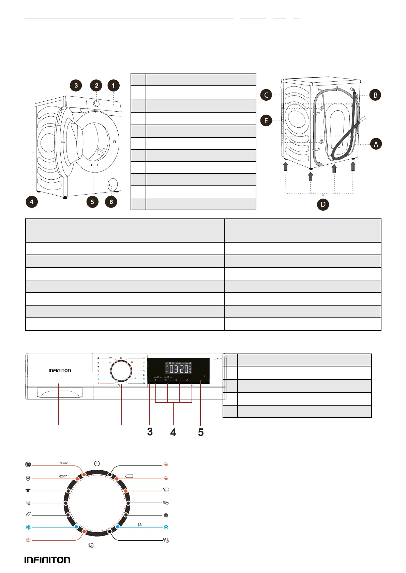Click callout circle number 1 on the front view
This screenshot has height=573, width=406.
(x=114, y=85)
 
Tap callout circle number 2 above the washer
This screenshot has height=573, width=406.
(x=96, y=85)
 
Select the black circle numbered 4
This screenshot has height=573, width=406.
(x=31, y=202)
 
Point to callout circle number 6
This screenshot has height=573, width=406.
(x=111, y=202)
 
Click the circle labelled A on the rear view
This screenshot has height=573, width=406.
(x=376, y=144)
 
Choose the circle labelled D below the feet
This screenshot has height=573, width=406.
(x=323, y=204)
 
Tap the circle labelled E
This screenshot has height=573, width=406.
(x=266, y=120)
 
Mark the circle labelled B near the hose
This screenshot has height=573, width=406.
(x=375, y=95)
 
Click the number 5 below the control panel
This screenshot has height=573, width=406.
(x=201, y=432)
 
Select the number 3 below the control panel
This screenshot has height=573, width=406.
(x=150, y=432)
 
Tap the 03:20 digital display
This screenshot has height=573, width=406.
(x=179, y=369)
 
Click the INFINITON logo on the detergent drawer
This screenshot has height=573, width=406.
(x=60, y=370)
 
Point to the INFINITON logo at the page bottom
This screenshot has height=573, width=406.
(x=47, y=560)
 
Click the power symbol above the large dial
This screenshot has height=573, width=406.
(x=97, y=463)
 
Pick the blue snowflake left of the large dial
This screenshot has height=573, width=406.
(x=28, y=527)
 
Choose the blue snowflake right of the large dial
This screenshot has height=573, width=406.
(x=166, y=527)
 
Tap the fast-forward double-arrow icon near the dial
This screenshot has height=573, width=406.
(x=140, y=525)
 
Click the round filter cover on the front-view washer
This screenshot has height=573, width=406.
(x=112, y=185)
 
